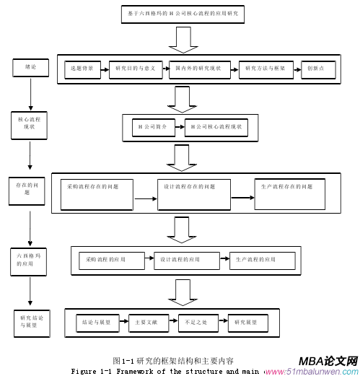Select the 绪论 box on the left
(30, 66)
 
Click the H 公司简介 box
(152, 127)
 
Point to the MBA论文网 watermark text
(328, 360)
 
